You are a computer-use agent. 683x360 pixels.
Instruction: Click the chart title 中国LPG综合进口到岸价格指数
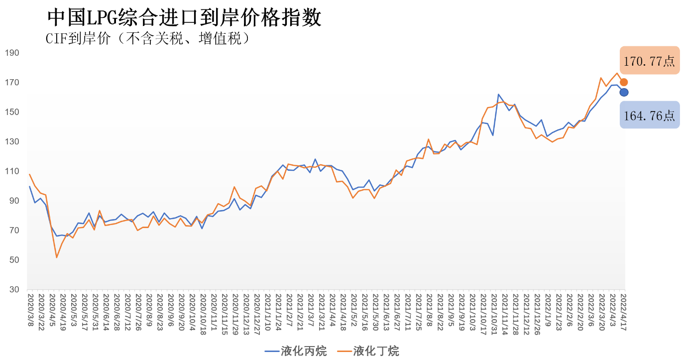click(184, 18)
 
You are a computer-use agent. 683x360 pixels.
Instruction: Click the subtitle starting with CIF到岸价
click(147, 39)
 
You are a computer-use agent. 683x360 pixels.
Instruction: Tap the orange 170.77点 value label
click(649, 61)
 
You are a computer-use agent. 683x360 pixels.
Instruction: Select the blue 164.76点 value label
click(649, 115)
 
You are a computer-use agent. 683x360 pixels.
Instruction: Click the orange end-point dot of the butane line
click(624, 82)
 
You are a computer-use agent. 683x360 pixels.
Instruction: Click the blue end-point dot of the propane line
click(624, 92)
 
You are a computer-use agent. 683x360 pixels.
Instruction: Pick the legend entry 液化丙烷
click(296, 351)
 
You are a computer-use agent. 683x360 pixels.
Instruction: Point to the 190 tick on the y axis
click(12, 53)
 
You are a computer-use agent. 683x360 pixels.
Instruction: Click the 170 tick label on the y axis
click(12, 82)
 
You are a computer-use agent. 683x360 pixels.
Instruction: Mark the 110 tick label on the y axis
click(12, 171)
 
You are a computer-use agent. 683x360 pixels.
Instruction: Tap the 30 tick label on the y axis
click(14, 290)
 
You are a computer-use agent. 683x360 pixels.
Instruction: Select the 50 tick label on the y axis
click(14, 260)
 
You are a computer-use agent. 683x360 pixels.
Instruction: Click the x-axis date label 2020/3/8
click(30, 309)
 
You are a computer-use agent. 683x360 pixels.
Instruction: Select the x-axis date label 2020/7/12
click(127, 311)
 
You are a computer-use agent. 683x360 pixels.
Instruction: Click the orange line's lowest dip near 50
click(57, 257)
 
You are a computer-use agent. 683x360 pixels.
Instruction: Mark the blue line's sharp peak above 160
click(498, 94)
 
